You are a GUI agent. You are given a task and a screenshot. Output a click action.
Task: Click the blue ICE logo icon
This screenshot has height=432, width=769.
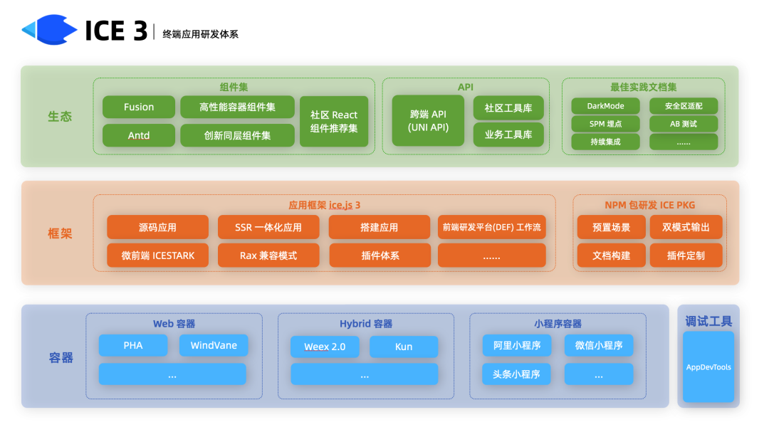point(49,30)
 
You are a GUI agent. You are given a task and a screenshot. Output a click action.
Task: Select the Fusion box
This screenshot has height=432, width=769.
point(139,107)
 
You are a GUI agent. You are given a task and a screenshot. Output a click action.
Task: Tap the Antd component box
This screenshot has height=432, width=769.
point(139,135)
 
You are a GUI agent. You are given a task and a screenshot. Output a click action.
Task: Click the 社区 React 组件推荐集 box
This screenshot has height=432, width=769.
point(334,122)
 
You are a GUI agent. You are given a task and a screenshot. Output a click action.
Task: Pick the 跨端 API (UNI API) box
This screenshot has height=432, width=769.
point(429,121)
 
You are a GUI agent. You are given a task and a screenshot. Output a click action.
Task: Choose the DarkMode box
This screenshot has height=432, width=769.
point(605,106)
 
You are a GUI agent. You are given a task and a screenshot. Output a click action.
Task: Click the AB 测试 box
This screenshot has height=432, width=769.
point(684,124)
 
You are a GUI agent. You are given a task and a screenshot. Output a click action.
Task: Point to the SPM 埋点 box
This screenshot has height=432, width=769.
point(605,124)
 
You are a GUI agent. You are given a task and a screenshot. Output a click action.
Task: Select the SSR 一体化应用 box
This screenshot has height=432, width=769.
point(268,228)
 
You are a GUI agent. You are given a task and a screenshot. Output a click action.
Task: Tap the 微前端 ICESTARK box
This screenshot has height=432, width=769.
point(158,255)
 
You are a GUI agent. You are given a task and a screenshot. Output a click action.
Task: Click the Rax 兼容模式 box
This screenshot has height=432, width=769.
point(268,255)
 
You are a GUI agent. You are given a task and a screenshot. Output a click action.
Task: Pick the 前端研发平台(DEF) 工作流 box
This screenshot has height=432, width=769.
point(492,228)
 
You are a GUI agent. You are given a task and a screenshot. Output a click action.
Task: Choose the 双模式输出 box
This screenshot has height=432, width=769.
point(686,228)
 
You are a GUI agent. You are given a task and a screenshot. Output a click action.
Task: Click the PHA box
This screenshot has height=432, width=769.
point(133,346)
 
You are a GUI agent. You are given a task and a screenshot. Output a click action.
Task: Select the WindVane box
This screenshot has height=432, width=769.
point(214,346)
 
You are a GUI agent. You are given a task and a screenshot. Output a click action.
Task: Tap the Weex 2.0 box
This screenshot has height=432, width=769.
point(325,347)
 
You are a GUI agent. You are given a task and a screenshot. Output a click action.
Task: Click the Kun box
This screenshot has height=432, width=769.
point(404,347)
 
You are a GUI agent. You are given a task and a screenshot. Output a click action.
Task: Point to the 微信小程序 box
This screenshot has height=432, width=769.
point(599,346)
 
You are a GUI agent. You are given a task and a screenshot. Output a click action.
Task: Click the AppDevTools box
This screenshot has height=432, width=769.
point(708,367)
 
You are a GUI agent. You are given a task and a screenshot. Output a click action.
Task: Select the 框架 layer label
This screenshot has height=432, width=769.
point(61,233)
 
